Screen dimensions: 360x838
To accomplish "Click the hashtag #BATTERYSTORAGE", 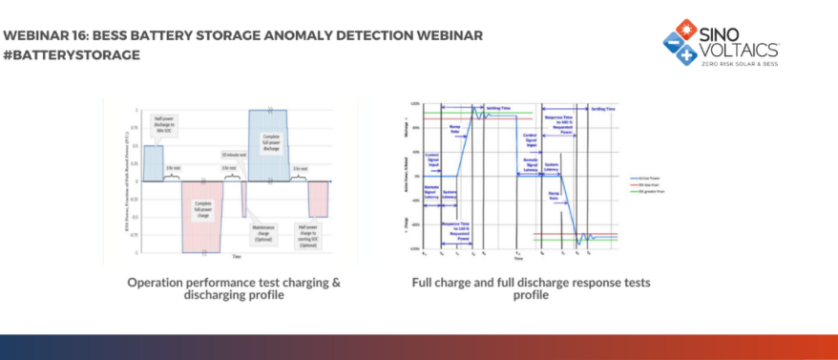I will tap(72, 54).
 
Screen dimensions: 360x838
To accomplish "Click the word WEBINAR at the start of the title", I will tap(38, 35).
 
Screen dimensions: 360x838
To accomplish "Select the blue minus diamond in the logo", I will tap(672, 43).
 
